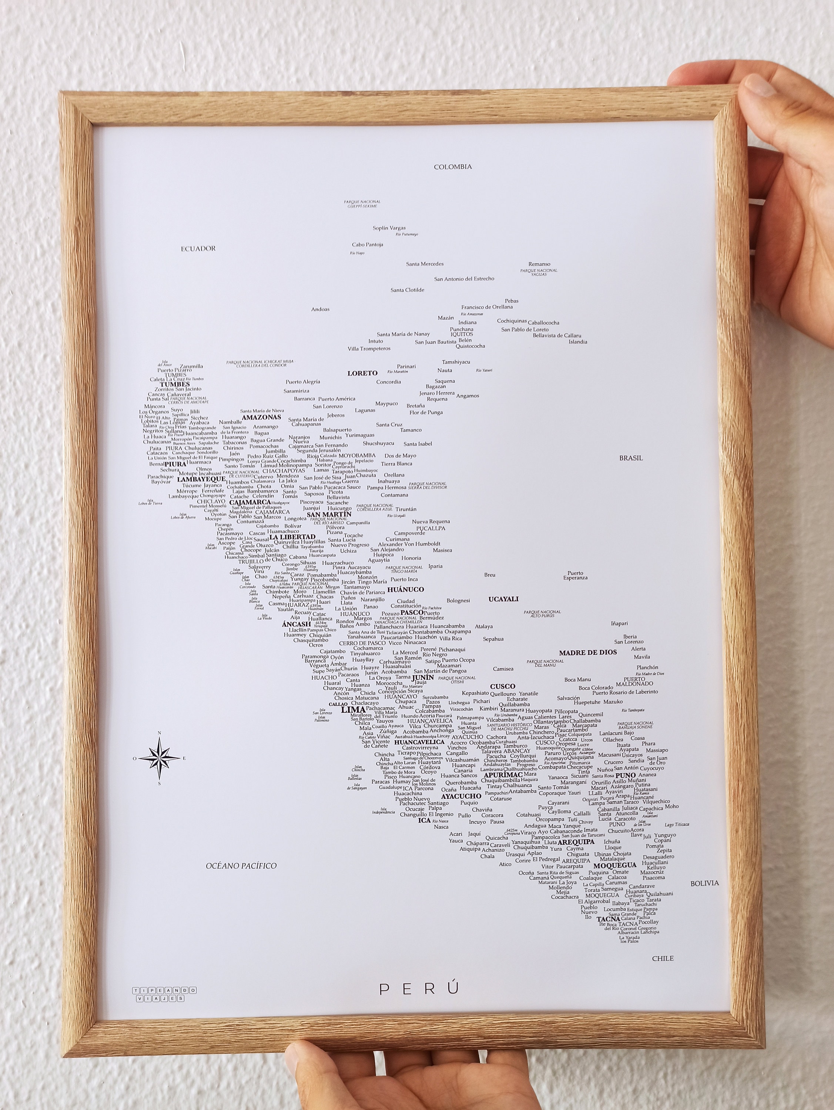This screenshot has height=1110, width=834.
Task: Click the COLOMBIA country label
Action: (453, 166)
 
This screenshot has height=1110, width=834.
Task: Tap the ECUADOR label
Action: (198, 248)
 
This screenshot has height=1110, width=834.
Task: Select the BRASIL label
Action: (631, 458)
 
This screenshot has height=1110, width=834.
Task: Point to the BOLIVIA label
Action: (704, 883)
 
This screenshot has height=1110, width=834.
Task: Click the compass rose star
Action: (159, 759)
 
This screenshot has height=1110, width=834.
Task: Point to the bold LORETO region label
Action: (362, 373)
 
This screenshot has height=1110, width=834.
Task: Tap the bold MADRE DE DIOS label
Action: (587, 653)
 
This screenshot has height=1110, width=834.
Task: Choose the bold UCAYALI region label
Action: (503, 599)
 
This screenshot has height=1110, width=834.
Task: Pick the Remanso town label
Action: (539, 264)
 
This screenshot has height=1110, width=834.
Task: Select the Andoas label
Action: (320, 309)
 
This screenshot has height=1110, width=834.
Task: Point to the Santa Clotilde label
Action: (407, 290)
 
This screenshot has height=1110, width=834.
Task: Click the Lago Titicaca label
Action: (677, 824)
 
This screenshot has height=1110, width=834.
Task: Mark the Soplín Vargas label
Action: (389, 228)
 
